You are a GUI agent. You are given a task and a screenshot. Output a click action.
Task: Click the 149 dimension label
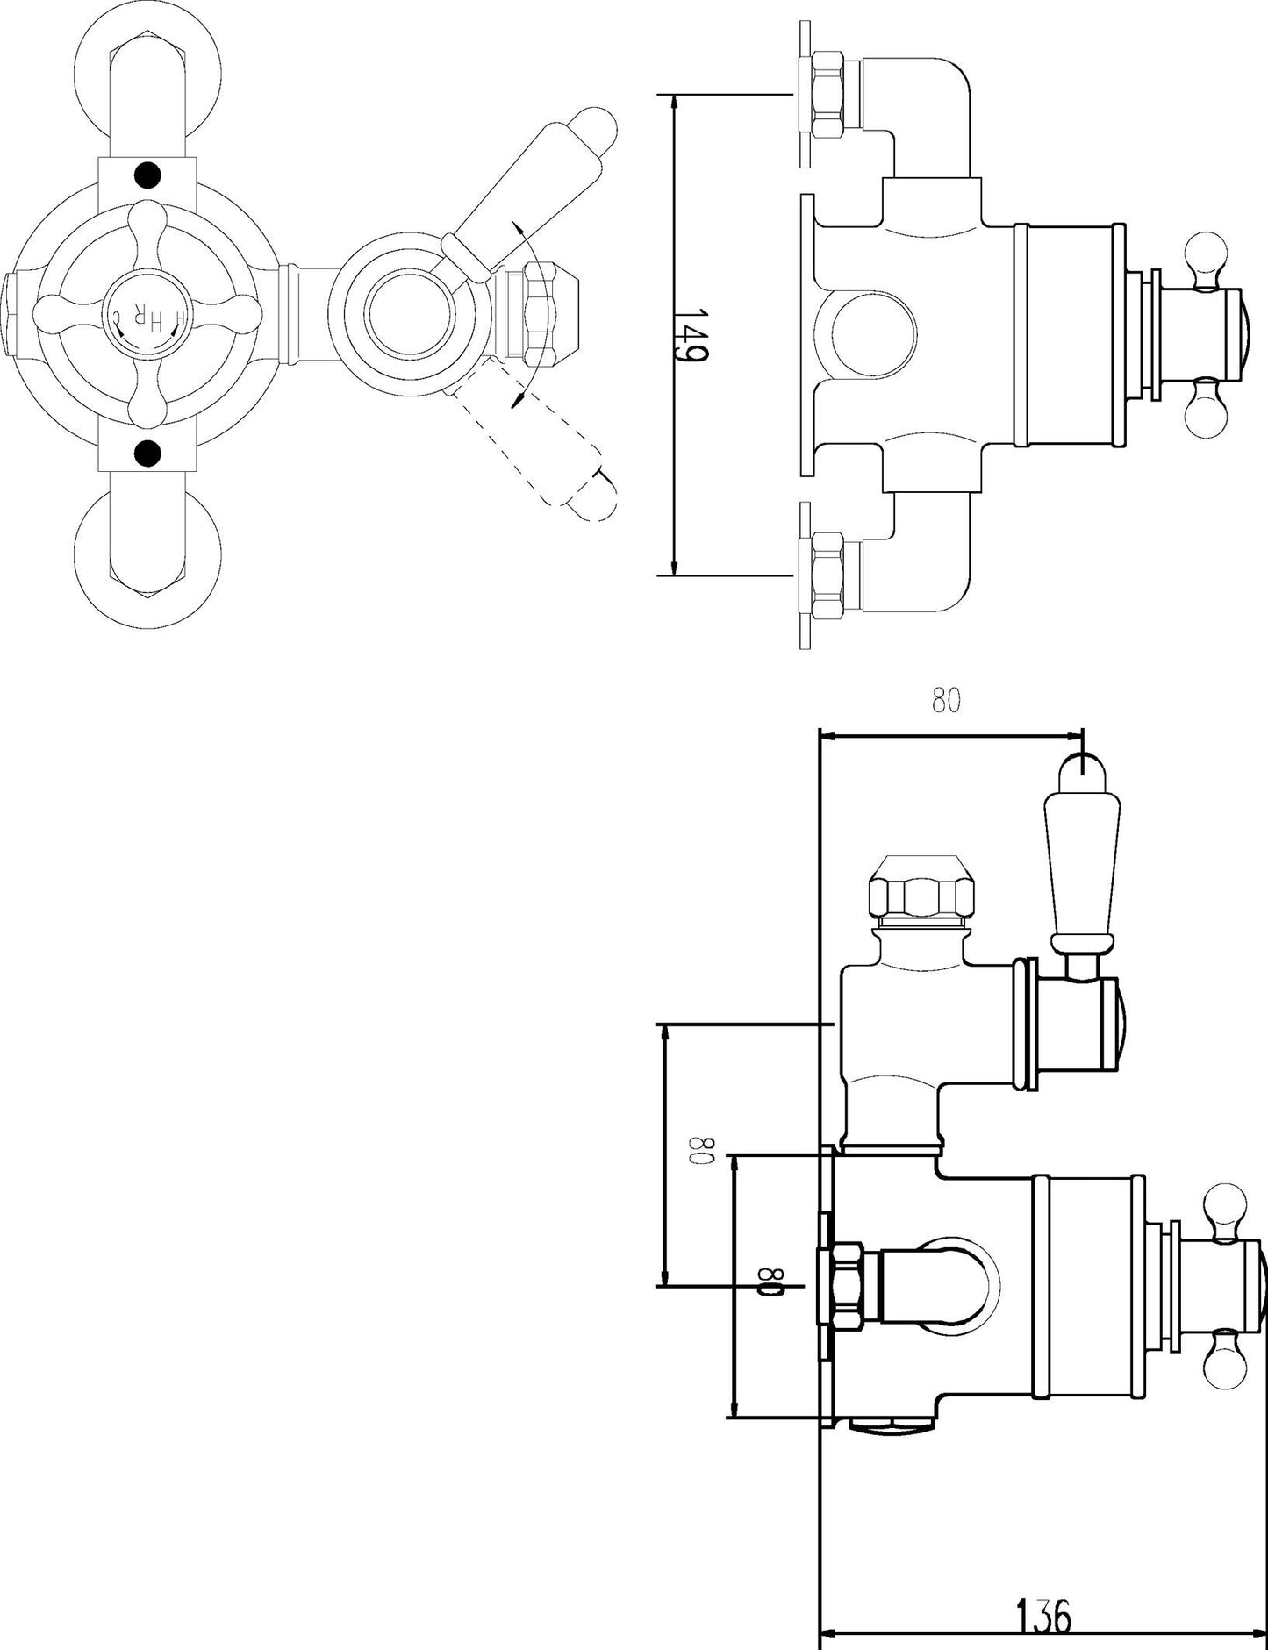pyautogui.click(x=692, y=333)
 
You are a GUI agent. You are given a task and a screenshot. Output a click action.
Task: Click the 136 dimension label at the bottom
pyautogui.click(x=1044, y=1617)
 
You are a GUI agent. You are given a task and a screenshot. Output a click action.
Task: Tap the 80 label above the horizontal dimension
pyautogui.click(x=946, y=701)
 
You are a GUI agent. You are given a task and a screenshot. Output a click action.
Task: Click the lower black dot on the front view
pyautogui.click(x=148, y=453)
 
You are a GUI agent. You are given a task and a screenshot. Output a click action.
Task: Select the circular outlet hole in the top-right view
pyautogui.click(x=865, y=335)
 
